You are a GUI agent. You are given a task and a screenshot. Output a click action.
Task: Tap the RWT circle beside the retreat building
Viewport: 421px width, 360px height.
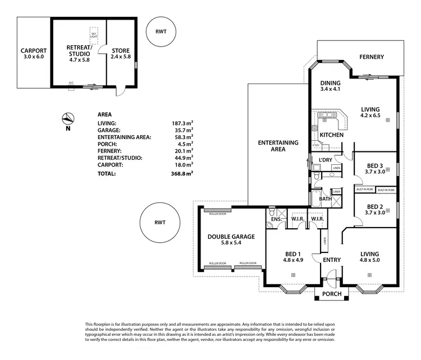pyautogui.click(x=161, y=33)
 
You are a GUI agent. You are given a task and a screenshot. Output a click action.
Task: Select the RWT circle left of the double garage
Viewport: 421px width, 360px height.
pyautogui.click(x=160, y=223)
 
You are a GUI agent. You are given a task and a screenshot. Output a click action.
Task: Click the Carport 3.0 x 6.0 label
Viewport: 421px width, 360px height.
pyautogui.click(x=33, y=54)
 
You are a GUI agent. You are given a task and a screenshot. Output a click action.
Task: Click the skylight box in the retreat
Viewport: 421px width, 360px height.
pyautogui.click(x=94, y=34)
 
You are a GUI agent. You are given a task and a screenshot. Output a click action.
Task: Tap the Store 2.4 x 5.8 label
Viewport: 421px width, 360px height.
pyautogui.click(x=120, y=54)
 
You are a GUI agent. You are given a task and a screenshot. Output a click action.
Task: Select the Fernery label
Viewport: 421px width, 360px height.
pyautogui.click(x=372, y=57)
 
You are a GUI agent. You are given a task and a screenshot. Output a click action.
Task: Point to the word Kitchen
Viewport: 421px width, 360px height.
pyautogui.click(x=331, y=136)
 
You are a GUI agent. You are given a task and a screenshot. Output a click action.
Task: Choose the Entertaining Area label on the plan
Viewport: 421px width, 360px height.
pyautogui.click(x=278, y=146)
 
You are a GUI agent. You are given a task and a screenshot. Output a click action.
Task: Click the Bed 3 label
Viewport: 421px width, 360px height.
pyautogui.click(x=376, y=169)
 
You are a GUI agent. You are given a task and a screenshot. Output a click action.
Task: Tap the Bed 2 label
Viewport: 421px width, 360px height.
pyautogui.click(x=376, y=209)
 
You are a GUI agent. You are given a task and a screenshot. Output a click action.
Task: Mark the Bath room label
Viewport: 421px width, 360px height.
pyautogui.click(x=325, y=199)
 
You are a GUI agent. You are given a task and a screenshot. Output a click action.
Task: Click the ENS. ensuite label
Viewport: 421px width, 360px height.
pyautogui.click(x=276, y=219)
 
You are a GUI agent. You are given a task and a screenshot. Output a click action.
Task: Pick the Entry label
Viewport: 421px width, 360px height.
pyautogui.click(x=331, y=260)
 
